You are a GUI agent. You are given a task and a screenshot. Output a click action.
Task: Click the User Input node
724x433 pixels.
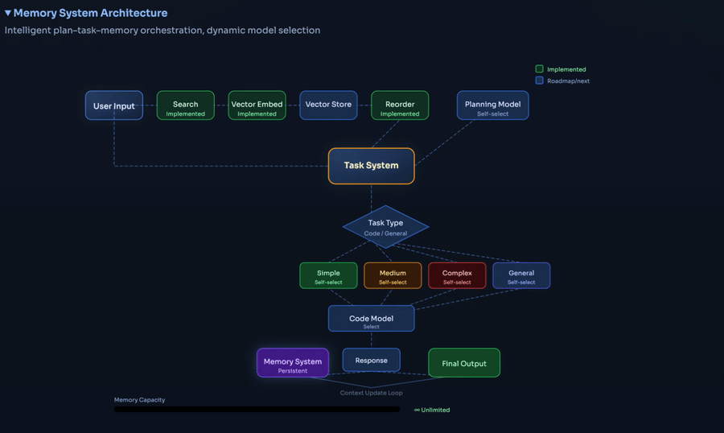(114, 105)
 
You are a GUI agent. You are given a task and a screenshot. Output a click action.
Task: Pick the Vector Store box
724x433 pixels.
(328, 105)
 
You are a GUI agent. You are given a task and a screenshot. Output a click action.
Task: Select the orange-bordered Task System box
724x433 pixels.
(371, 166)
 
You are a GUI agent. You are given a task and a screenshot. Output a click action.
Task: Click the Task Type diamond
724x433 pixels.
(385, 227)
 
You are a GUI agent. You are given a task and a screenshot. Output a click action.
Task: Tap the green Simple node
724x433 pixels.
(328, 275)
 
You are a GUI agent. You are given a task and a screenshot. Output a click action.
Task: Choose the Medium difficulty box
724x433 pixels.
(393, 275)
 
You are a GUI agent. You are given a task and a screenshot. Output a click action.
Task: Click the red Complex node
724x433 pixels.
(457, 275)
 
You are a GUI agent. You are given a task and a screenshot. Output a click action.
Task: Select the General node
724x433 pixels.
(521, 275)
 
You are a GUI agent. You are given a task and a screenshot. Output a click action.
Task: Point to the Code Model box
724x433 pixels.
(371, 319)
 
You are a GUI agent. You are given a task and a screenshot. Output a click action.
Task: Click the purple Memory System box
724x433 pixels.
(293, 363)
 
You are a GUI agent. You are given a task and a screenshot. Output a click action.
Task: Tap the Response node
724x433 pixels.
(371, 361)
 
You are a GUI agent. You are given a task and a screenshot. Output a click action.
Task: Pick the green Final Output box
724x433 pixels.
(464, 363)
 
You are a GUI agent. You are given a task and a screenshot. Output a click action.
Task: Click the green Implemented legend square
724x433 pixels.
(540, 69)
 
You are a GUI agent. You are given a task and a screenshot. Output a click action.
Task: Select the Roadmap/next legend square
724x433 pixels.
(540, 80)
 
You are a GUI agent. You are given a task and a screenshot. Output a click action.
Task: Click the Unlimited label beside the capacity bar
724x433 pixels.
(433, 410)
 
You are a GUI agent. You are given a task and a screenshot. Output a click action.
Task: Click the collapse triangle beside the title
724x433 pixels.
(8, 13)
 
